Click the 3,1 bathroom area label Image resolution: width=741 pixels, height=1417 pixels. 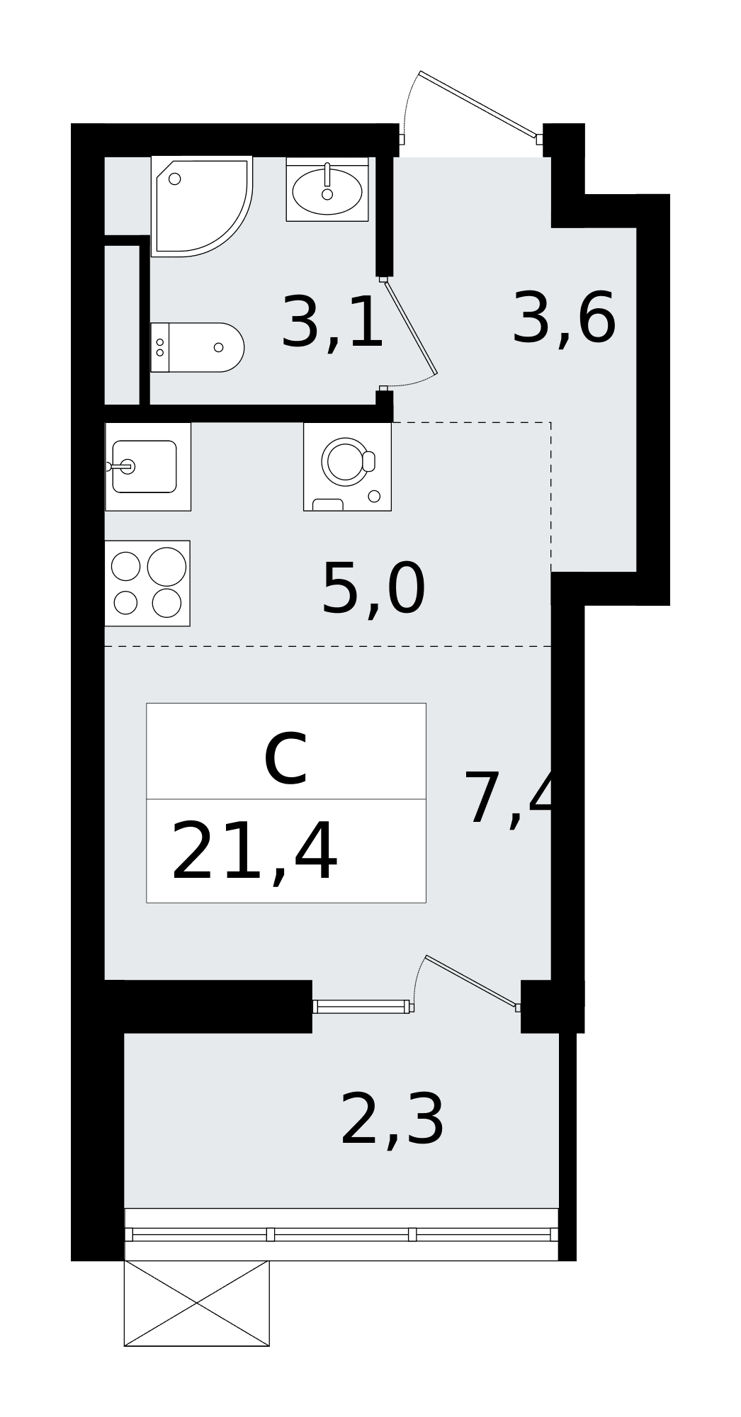point(332,323)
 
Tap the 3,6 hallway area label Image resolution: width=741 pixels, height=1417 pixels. point(564,319)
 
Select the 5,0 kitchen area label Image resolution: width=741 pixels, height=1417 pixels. point(373,589)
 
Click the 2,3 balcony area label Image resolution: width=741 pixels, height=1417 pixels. point(392,1119)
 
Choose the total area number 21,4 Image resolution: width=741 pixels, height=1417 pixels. point(254,852)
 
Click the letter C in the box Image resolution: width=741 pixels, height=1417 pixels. point(285,761)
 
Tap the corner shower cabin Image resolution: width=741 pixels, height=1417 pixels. point(202,206)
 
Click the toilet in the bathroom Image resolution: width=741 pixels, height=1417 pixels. point(197,347)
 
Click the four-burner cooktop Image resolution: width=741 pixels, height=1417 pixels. point(147,583)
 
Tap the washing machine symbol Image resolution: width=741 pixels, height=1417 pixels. point(347,466)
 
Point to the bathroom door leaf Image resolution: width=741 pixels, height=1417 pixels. point(410,325)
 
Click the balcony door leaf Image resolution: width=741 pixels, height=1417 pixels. point(471,981)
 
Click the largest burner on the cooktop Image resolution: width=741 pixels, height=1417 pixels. point(166,567)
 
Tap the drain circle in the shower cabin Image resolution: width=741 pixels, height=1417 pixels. point(175,179)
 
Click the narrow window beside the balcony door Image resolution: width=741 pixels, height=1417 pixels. point(361,1006)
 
